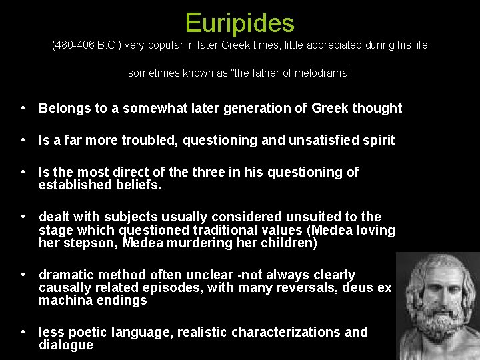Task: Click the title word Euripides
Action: click(x=239, y=23)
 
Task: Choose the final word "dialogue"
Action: click(x=66, y=345)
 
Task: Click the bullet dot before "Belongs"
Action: click(x=23, y=108)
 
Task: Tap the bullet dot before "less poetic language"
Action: click(x=23, y=332)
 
